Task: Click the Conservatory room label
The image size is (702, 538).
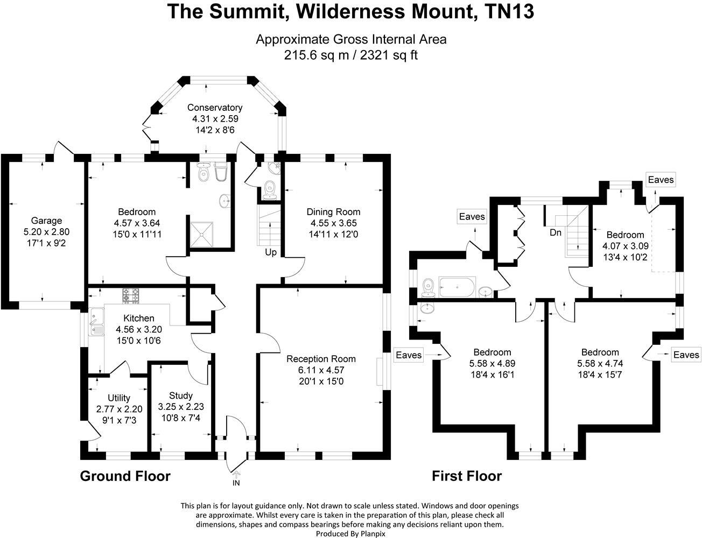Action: point(215,108)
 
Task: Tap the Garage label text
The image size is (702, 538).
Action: point(46,221)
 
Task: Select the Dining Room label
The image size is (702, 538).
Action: point(333,211)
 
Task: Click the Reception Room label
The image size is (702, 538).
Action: point(321,359)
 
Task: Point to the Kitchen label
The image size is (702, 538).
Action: point(138,318)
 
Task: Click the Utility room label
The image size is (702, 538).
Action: point(119,398)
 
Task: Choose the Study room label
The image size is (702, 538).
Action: point(180,395)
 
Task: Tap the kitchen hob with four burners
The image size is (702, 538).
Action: point(131,294)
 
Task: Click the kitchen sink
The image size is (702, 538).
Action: point(96,322)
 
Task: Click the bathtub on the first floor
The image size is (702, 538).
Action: point(457,287)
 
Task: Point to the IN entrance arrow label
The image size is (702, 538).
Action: point(236,483)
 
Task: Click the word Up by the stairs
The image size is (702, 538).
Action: point(271,252)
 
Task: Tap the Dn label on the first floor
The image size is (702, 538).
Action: point(556,233)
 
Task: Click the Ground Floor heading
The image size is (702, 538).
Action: point(125,476)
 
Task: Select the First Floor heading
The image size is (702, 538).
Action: point(467,476)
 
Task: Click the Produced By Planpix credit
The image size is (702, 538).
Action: point(350,534)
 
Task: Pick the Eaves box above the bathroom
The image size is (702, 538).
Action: point(472,217)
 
